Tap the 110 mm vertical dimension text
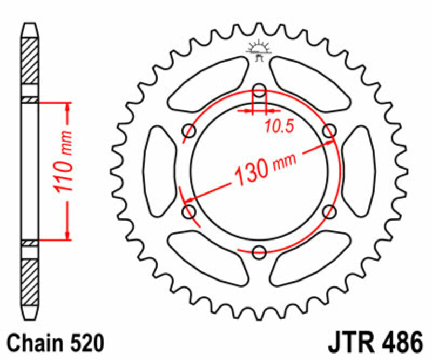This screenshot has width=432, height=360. tap(64, 169)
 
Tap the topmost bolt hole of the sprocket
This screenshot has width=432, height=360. tap(259, 89)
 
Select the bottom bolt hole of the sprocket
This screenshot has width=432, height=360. tap(259, 251)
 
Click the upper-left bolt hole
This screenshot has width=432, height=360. tap(190, 130)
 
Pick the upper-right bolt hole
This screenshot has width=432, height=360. tap(329, 130)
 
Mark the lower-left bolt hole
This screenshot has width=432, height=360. tap(190, 211)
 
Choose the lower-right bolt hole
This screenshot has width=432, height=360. tap(329, 211)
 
